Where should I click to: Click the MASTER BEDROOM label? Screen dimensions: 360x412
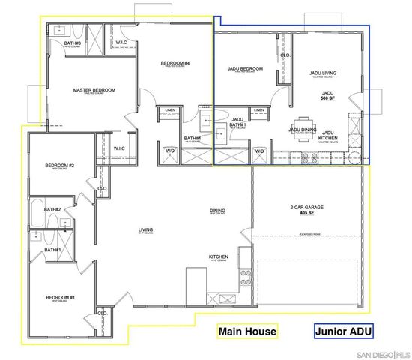coord(94,90)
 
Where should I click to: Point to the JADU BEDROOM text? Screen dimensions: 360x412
coord(245,69)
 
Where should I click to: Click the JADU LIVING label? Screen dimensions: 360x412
coord(324,73)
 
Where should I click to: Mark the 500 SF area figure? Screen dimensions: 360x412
coord(327,98)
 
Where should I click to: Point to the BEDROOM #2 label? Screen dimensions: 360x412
coord(59,166)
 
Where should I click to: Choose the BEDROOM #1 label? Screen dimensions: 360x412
coord(59,295)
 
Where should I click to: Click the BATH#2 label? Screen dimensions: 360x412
coord(52,209)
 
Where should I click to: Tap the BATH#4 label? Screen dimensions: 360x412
coord(192,138)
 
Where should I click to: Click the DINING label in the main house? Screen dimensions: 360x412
coord(217,211)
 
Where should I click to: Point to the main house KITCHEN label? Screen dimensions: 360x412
coord(218,256)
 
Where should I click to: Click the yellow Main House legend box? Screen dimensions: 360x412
coord(246,331)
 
